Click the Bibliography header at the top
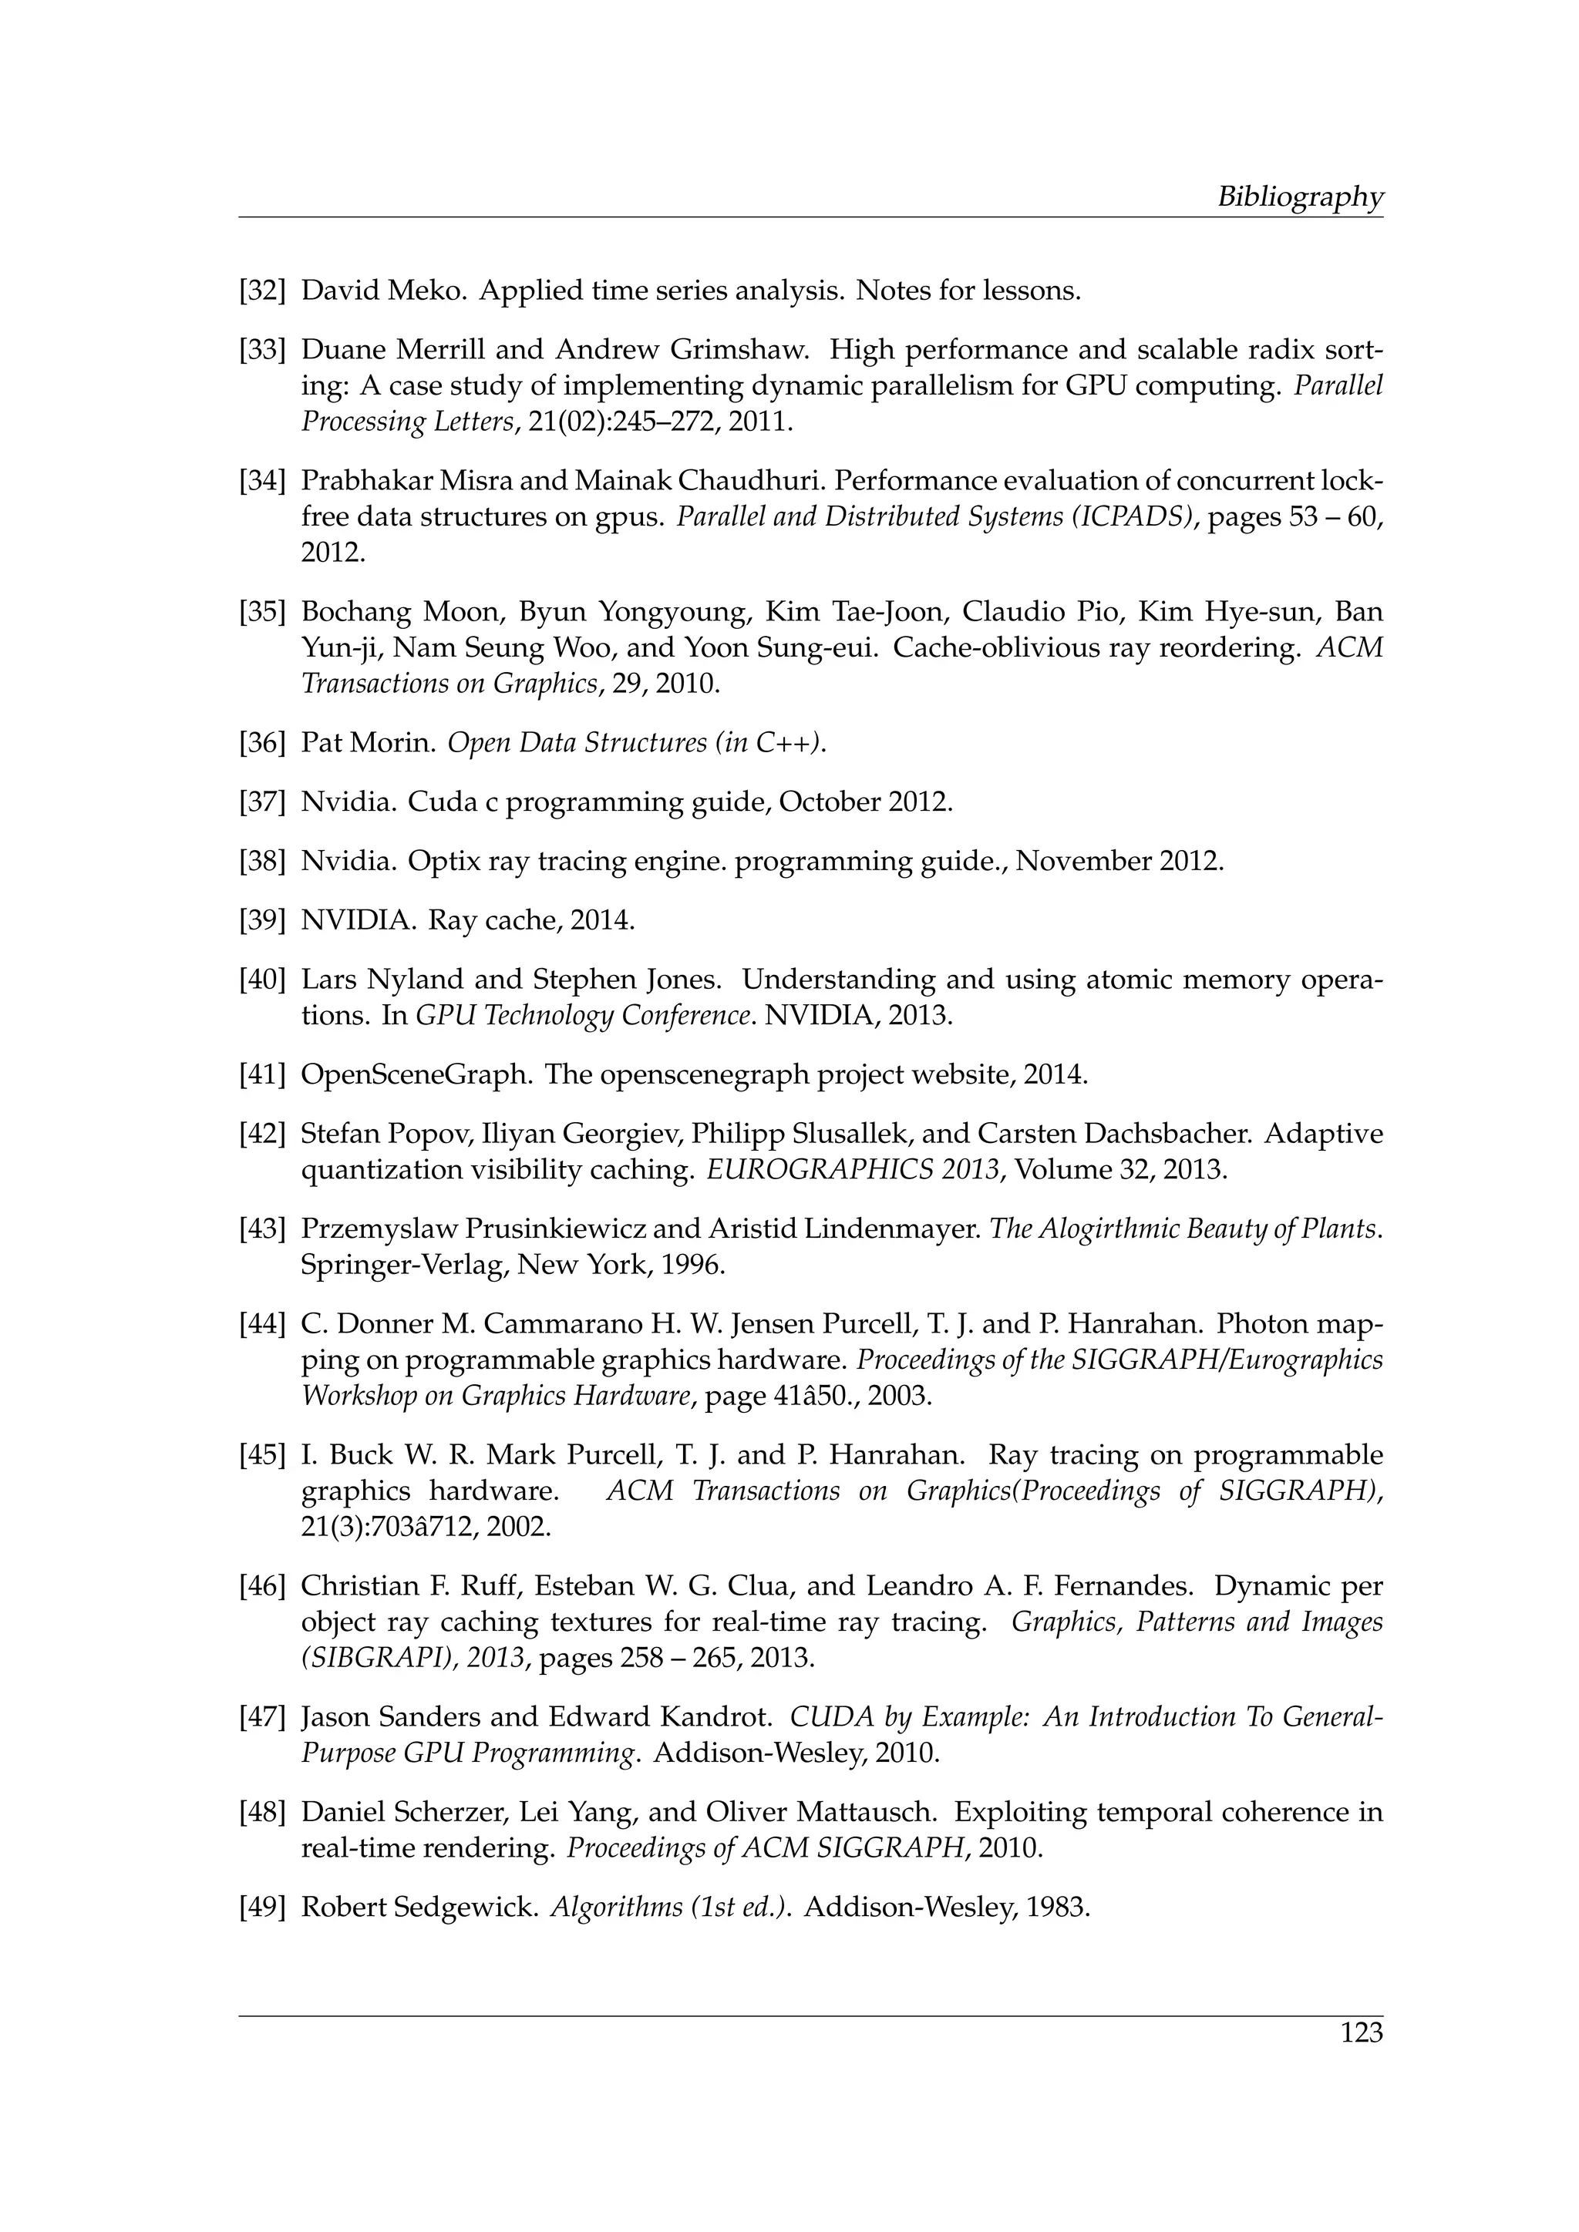coord(1299,197)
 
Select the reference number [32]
coord(262,291)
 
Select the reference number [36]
coord(262,743)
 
